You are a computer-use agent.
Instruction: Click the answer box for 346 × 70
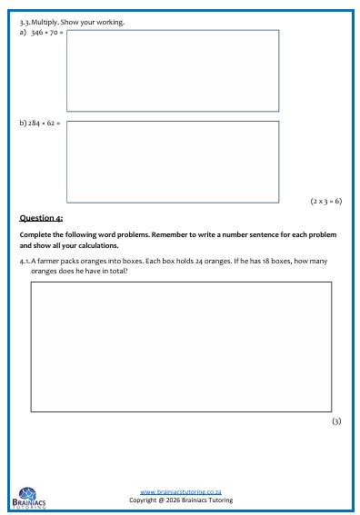click(173, 70)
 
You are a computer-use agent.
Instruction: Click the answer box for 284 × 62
click(173, 161)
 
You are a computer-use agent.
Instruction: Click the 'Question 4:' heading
click(41, 218)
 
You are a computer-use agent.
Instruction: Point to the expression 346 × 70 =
click(47, 33)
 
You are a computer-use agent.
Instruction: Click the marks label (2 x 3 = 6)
click(325, 200)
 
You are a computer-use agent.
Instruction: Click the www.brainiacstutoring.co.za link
click(181, 491)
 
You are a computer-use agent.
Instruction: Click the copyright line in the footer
click(181, 500)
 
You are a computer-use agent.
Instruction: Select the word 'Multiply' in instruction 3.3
click(45, 21)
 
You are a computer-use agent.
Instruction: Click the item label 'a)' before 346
click(24, 33)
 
